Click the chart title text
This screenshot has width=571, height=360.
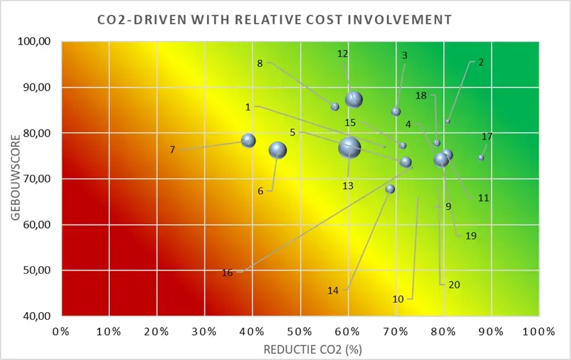(274, 20)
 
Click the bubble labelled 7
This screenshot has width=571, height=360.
(248, 140)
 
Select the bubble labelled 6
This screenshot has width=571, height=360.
(278, 150)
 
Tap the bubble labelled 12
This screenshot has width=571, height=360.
(354, 100)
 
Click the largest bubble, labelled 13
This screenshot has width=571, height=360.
(349, 148)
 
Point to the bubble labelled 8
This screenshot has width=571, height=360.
(335, 107)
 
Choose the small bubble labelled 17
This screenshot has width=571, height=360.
(481, 158)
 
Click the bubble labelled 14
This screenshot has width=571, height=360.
(390, 189)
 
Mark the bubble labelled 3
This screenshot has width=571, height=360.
(396, 111)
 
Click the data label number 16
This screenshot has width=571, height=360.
(227, 273)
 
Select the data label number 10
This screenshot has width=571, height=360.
(398, 299)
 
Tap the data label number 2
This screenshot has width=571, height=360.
(481, 63)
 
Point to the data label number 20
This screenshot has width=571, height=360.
(454, 285)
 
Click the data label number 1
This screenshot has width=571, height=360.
(248, 107)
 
